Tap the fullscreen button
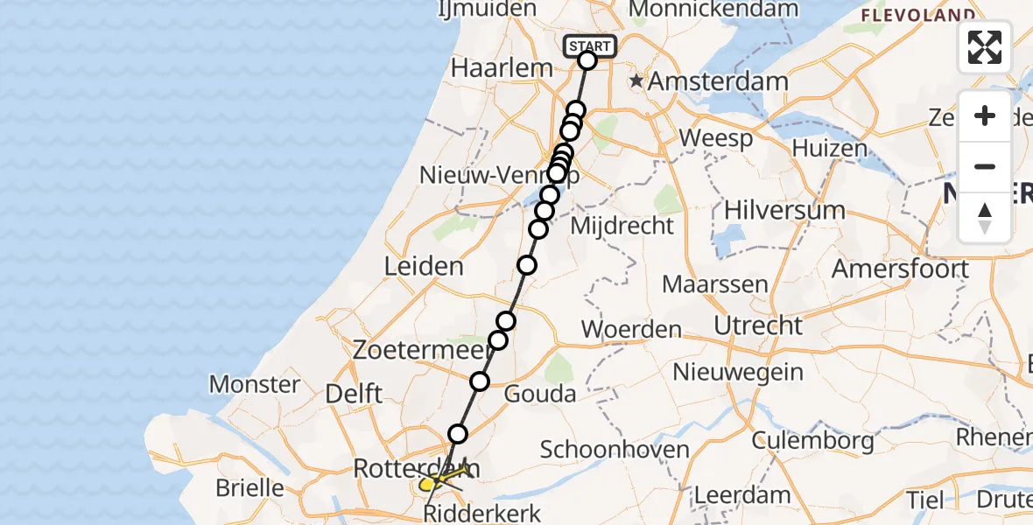tap(985, 47)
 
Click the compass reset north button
tap(985, 217)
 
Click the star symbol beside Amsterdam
tap(636, 81)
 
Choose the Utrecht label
tap(758, 325)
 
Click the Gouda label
tap(541, 393)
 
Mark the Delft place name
tap(353, 393)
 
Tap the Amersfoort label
tap(900, 269)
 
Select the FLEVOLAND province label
tap(918, 15)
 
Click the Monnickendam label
tap(713, 9)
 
